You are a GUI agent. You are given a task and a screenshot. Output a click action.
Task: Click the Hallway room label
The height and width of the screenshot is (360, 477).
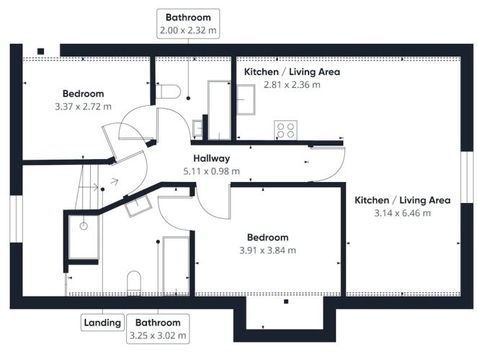(x=211, y=158)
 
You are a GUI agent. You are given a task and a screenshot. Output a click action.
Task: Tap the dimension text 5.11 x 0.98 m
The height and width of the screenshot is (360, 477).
(x=211, y=171)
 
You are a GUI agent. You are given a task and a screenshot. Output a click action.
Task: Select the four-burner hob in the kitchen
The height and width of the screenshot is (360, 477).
(x=285, y=130)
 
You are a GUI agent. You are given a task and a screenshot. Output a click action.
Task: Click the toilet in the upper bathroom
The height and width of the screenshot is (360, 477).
(x=168, y=91)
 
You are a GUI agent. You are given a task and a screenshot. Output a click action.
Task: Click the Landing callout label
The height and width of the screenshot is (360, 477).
(x=102, y=323)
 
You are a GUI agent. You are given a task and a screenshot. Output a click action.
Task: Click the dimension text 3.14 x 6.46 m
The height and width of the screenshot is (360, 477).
(x=403, y=213)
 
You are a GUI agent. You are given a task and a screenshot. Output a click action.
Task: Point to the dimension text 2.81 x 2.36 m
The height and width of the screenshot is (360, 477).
(x=292, y=84)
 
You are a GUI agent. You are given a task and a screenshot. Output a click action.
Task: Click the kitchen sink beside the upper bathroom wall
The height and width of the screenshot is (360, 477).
(x=246, y=99)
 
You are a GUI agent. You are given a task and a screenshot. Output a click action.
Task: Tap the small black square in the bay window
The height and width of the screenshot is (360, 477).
(x=286, y=302)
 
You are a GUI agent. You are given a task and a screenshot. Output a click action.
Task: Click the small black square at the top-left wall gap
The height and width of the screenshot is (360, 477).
(x=41, y=51)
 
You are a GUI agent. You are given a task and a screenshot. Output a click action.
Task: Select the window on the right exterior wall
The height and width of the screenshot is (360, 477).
(x=467, y=177)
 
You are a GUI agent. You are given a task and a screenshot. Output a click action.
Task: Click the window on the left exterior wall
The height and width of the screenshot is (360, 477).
(x=16, y=219)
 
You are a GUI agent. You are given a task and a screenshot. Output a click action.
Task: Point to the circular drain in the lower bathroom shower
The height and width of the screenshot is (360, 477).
(x=84, y=226)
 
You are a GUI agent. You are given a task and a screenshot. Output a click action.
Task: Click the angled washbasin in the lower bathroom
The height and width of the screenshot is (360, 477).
(x=138, y=205)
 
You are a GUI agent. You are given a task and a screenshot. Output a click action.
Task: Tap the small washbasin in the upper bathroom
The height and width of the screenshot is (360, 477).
(x=197, y=128)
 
